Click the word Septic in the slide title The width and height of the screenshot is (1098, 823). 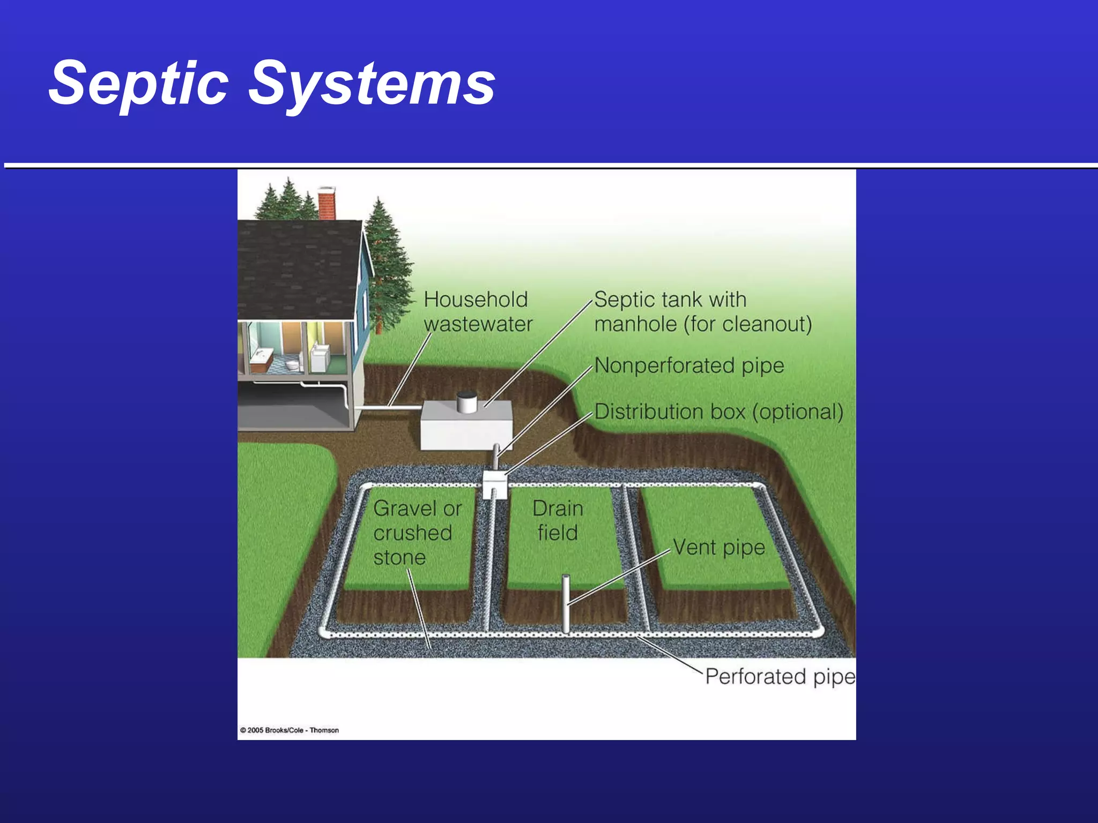[x=138, y=83]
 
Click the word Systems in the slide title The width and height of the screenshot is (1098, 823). [x=372, y=83]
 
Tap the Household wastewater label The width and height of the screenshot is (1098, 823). [x=477, y=311]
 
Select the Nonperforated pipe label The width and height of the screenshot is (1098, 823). [x=689, y=365]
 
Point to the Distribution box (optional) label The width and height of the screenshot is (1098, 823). [x=718, y=411]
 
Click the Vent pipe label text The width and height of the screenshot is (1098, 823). [x=718, y=547]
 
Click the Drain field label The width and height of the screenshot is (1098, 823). [x=558, y=520]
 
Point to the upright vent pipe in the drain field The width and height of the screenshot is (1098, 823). [x=566, y=603]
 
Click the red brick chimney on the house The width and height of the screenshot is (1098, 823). [x=327, y=204]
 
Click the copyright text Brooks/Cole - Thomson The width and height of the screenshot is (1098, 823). [x=290, y=730]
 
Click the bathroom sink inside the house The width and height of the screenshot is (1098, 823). [x=262, y=355]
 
